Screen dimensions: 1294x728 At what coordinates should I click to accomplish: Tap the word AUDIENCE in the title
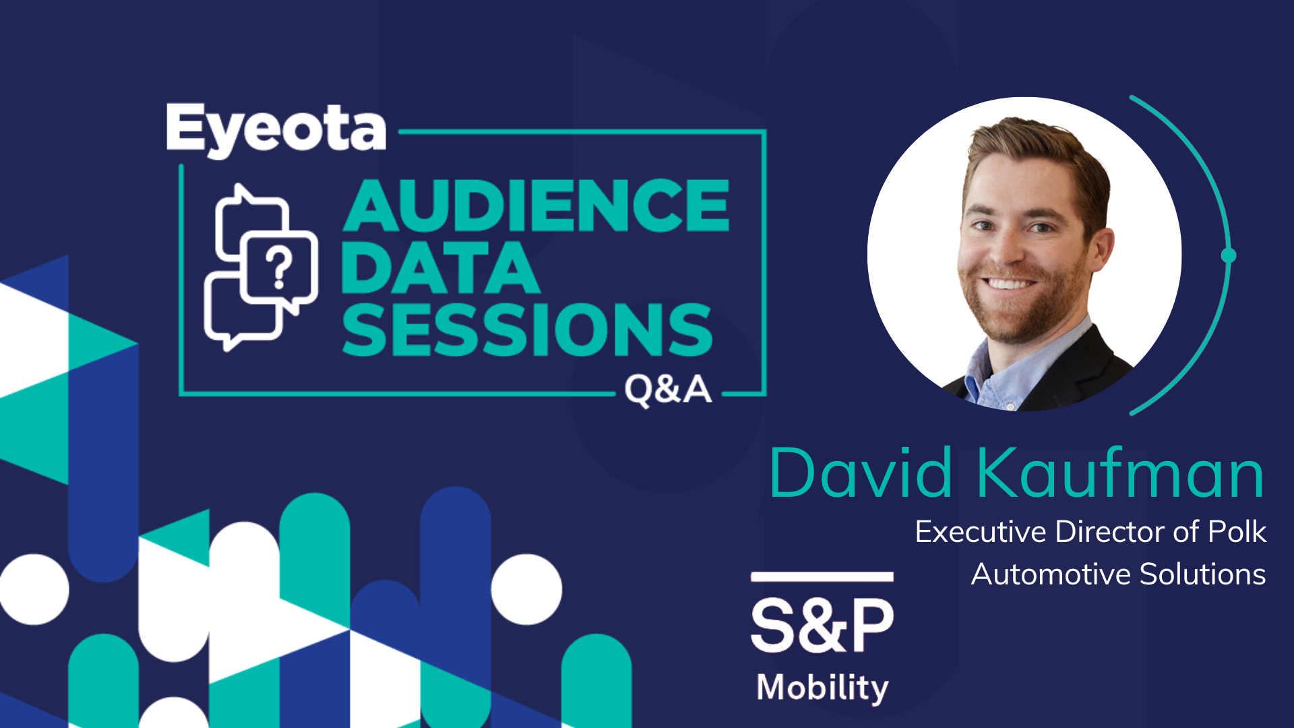[x=536, y=206]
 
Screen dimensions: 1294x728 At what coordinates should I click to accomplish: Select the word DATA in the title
[x=441, y=268]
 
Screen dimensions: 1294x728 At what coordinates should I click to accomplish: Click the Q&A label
[x=668, y=390]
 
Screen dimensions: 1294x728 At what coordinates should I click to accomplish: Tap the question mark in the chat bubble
[x=279, y=268]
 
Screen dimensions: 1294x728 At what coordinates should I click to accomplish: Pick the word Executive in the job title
[x=981, y=532]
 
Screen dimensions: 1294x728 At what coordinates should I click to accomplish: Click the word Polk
[x=1237, y=531]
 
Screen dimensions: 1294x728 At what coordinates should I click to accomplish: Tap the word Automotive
[x=1051, y=574]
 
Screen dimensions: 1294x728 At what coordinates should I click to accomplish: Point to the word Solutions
[x=1203, y=574]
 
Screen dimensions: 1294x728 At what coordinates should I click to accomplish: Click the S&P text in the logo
[x=822, y=625]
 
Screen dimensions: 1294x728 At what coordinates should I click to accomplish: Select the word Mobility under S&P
[x=823, y=688]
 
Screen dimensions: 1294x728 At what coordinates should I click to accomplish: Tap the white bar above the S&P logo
[x=822, y=576]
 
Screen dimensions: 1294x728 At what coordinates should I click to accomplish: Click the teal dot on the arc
[x=1229, y=255]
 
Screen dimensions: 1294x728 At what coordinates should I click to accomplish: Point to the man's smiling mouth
[x=1009, y=284]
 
